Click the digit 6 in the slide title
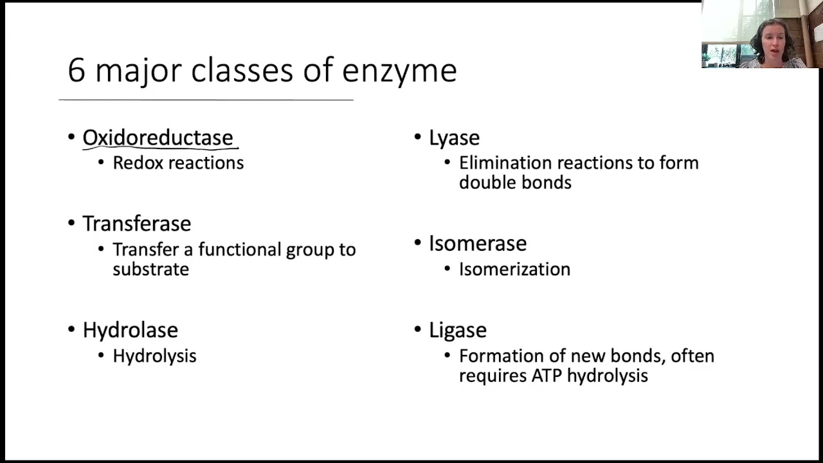(x=77, y=70)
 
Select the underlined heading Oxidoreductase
(x=158, y=138)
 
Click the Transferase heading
(x=136, y=224)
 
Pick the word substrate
(x=150, y=269)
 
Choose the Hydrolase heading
(x=130, y=330)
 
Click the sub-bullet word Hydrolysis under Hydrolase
(x=154, y=356)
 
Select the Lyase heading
(x=454, y=138)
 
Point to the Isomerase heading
(x=478, y=243)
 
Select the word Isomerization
(x=514, y=269)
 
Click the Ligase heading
(x=457, y=330)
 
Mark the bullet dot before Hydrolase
(x=71, y=329)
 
